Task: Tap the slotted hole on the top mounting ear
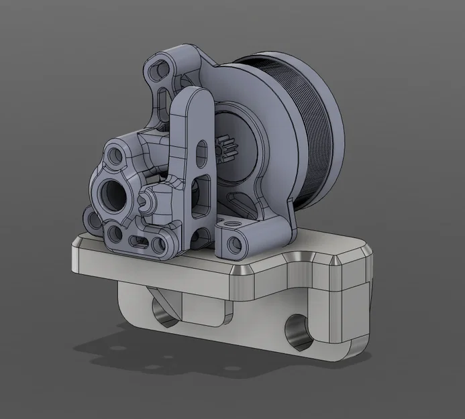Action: pos(160,69)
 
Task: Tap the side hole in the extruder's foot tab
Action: pos(234,246)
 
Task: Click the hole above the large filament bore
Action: pos(116,157)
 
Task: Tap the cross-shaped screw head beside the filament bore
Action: pos(145,200)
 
